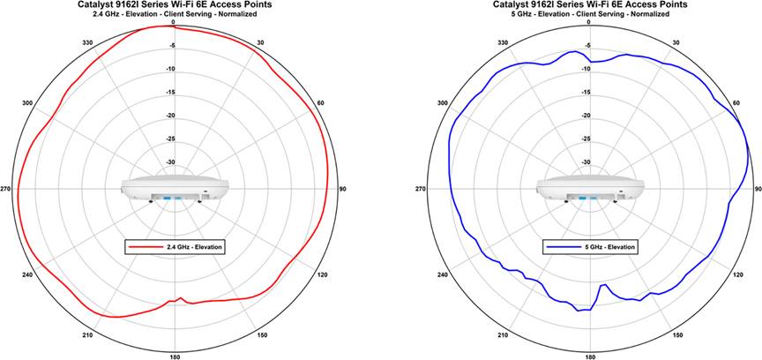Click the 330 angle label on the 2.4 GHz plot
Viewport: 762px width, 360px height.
[86, 42]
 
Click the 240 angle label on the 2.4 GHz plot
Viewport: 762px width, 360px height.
[27, 276]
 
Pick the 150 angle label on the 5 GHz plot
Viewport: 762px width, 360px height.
[676, 335]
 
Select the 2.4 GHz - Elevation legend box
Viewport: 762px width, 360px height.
[175, 247]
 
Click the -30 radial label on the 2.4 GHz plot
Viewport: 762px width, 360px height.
[170, 162]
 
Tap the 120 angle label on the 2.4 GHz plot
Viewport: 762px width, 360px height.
[322, 276]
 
